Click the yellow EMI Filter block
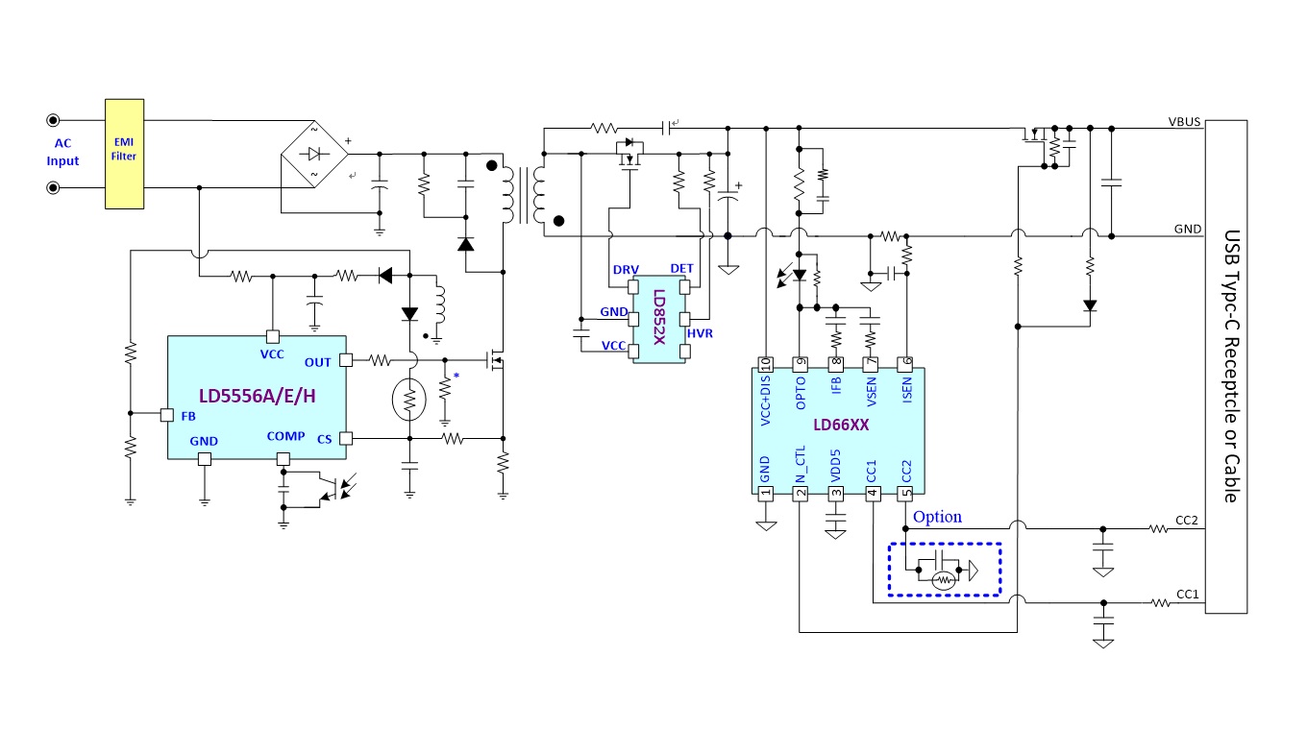124,154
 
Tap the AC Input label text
62,152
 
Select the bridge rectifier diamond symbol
314,154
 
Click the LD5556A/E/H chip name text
258,397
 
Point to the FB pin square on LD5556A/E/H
167,415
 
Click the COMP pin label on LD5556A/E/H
286,436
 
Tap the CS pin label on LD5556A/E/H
325,439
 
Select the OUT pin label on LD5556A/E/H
317,362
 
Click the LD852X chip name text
658,317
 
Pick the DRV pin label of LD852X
626,269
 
